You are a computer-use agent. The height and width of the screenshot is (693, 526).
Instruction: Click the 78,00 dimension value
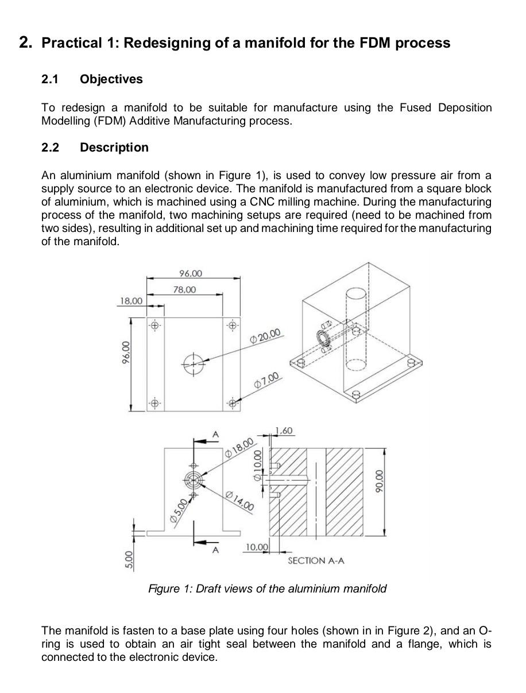pos(184,289)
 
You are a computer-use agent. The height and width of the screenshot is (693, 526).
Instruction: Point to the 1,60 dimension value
pos(284,431)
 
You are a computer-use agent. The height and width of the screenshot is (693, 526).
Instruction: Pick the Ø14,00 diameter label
pos(239,501)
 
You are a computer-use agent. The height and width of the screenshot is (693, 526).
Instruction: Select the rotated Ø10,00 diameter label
pos(257,465)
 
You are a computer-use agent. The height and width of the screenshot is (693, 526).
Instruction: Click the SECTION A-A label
pos(316,560)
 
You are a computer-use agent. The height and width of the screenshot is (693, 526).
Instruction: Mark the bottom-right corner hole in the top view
pos(232,403)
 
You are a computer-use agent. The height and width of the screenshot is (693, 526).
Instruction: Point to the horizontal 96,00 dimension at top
pos(191,273)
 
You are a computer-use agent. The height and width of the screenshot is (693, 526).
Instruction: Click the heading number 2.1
pos(51,79)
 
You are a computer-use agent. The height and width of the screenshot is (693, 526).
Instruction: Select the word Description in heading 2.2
pos(114,148)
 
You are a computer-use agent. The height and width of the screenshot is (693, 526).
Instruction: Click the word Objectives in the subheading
pos(111,79)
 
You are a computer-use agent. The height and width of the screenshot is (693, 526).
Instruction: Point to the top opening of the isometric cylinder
pos(354,293)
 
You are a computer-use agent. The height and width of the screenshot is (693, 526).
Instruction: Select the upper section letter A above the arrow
pos(216,435)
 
